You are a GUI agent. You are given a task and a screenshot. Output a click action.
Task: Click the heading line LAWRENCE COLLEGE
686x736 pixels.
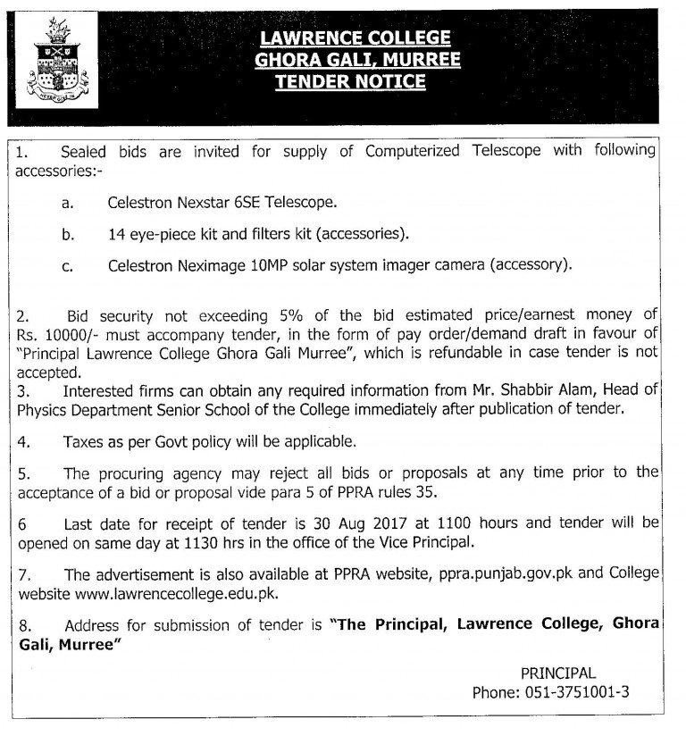pyautogui.click(x=355, y=38)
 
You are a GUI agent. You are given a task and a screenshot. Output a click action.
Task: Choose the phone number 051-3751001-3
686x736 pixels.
pyautogui.click(x=575, y=692)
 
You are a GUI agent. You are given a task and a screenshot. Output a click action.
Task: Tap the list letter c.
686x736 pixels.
pyautogui.click(x=67, y=266)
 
